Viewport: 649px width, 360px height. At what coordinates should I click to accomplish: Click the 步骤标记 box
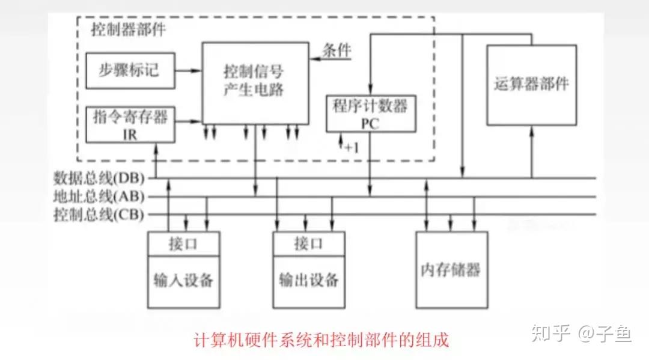coord(130,70)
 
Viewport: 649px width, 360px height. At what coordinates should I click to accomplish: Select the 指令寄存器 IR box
coord(130,124)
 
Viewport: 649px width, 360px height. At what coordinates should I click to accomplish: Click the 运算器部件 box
coord(532,84)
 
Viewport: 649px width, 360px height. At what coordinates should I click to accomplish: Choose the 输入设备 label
coord(184,280)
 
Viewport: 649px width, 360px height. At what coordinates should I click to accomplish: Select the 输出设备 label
coord(309,280)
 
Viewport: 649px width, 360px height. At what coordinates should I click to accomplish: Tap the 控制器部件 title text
coord(127,29)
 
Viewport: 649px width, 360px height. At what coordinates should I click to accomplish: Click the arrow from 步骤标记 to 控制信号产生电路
coord(188,70)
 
